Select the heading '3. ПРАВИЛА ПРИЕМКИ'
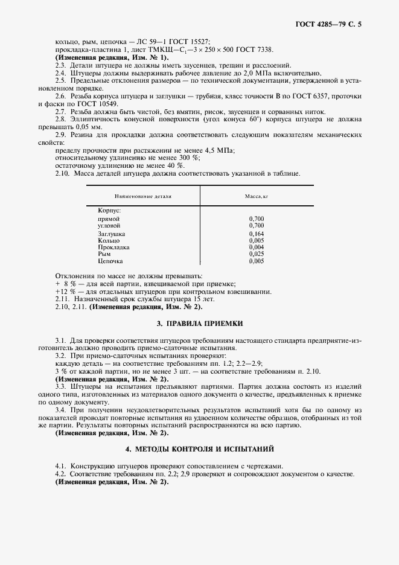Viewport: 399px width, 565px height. pyautogui.click(x=199, y=324)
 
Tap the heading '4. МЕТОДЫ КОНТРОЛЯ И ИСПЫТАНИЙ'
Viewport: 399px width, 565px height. pyautogui.click(x=199, y=449)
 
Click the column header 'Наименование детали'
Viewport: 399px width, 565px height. pyautogui.click(x=143, y=196)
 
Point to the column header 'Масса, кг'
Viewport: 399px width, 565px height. pyautogui.click(x=256, y=196)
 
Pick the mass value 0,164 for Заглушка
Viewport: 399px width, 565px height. pyautogui.click(x=256, y=233)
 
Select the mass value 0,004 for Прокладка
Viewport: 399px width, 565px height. pyautogui.click(x=256, y=247)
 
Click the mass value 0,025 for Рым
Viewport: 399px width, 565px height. pyautogui.click(x=256, y=254)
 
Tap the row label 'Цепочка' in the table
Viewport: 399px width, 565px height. pyautogui.click(x=110, y=261)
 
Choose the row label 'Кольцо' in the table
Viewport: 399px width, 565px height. pyautogui.click(x=109, y=240)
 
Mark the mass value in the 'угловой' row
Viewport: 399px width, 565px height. pyautogui.click(x=256, y=225)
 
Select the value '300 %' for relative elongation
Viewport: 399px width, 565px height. pyautogui.click(x=172, y=158)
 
